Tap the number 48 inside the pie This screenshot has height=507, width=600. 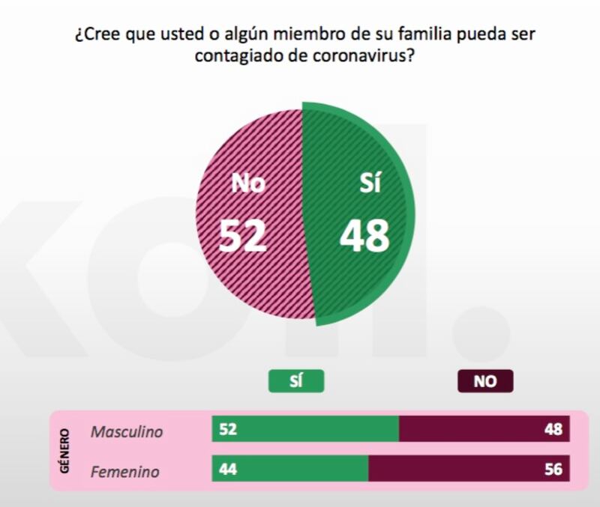click(x=364, y=236)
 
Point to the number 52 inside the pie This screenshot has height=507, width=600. click(x=242, y=236)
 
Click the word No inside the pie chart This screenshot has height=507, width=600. click(x=247, y=183)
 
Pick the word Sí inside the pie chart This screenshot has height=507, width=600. click(x=370, y=183)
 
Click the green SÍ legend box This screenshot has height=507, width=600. click(x=296, y=381)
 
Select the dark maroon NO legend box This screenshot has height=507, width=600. click(x=485, y=381)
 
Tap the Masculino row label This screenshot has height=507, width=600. click(x=126, y=431)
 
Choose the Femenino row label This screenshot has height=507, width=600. click(x=124, y=472)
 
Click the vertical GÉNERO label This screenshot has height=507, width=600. click(x=64, y=451)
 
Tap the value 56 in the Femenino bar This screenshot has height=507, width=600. click(x=553, y=470)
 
